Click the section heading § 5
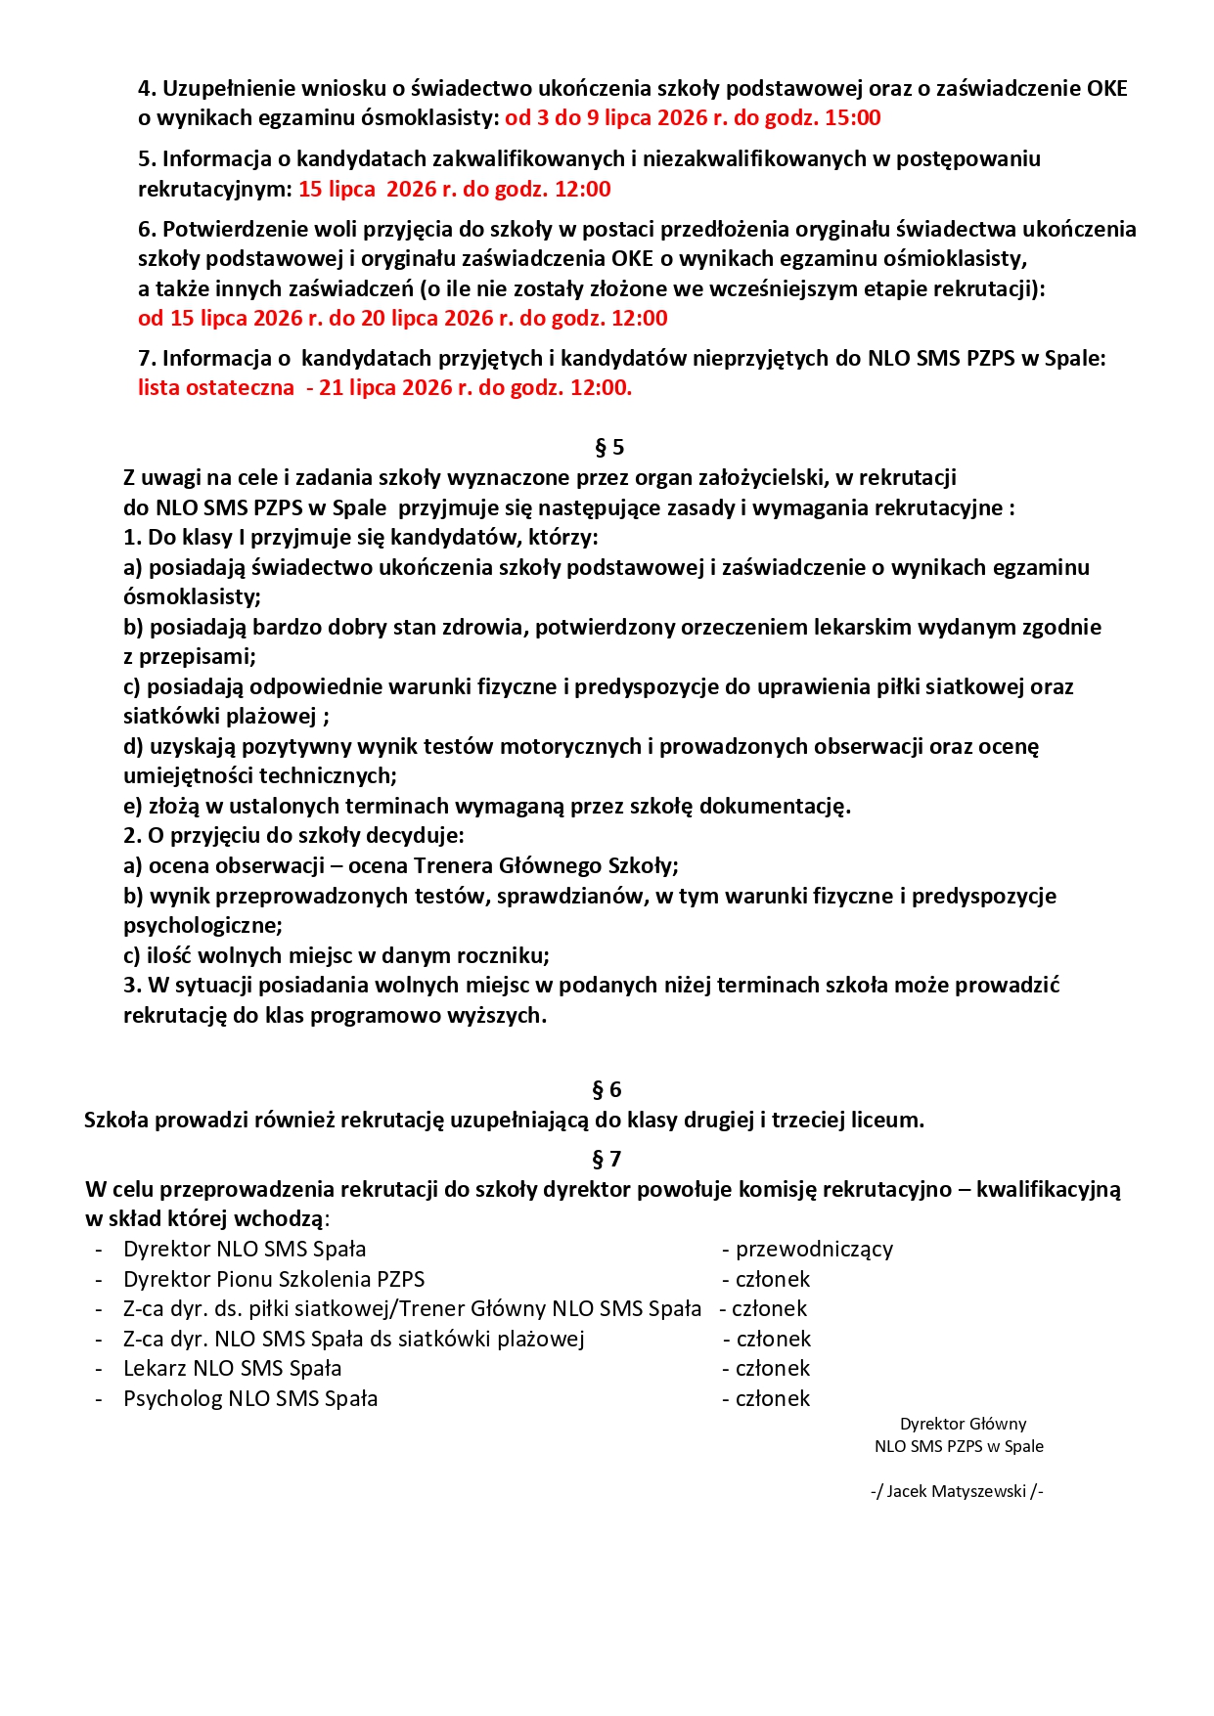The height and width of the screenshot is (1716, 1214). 608,448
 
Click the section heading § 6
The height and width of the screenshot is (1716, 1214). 607,1090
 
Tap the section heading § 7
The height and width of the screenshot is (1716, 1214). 607,1160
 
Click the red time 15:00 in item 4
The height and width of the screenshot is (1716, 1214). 851,118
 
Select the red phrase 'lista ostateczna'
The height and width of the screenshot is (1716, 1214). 216,387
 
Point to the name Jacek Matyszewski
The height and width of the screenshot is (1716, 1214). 956,1492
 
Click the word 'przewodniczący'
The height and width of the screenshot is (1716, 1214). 814,1250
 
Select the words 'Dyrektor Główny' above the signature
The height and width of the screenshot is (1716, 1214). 963,1425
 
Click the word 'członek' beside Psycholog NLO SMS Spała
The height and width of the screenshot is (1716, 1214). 773,1399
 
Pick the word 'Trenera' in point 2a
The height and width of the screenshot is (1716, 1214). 452,866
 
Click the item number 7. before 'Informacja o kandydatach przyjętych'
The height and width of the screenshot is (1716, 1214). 147,358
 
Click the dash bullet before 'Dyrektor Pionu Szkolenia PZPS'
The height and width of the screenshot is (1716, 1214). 99,1280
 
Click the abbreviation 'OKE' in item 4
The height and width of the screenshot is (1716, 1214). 1106,89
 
